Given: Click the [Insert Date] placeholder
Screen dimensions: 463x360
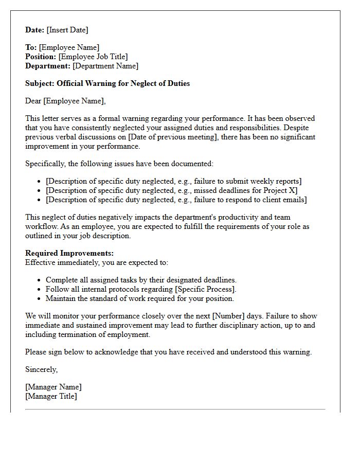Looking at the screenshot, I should [67, 30].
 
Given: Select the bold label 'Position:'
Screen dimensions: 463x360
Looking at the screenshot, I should [41, 57].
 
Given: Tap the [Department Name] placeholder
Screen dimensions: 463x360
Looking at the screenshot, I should [105, 66].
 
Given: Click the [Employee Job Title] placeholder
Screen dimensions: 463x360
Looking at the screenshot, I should [93, 57].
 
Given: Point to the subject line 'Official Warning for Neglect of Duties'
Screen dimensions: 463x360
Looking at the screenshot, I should [123, 83].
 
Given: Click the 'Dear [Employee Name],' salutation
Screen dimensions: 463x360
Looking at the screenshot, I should [65, 101].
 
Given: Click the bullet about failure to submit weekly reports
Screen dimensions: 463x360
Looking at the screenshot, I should [173, 181].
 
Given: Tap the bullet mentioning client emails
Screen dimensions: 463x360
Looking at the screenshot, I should [176, 200].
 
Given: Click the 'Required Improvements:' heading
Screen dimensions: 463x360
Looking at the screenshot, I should [69, 253].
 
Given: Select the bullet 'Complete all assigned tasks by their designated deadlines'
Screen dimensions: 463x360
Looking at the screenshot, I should [141, 280].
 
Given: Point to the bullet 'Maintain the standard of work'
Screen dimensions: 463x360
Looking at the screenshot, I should [139, 298].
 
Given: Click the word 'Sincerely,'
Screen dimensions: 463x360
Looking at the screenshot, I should [42, 369].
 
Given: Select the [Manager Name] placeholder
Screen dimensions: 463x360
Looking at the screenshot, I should [53, 387].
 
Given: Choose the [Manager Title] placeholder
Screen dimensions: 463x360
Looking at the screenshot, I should [51, 396].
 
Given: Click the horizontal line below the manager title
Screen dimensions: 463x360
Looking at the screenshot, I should [175, 409].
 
